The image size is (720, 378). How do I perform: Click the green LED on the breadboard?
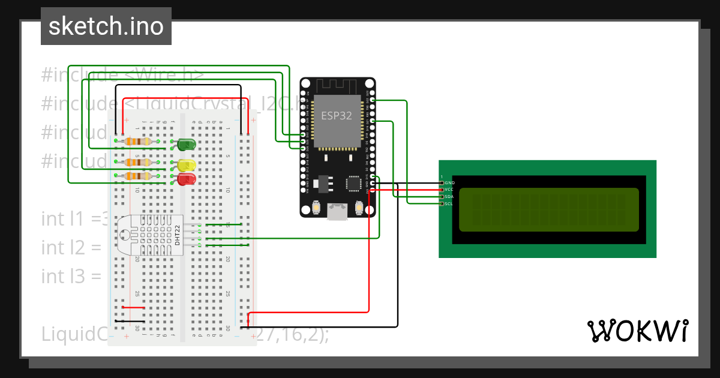(187, 144)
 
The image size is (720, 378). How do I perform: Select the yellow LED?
(187, 164)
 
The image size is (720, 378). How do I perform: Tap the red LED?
(187, 179)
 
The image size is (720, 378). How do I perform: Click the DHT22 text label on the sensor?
(177, 235)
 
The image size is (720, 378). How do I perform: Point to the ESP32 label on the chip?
(337, 116)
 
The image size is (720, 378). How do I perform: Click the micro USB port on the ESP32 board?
(337, 211)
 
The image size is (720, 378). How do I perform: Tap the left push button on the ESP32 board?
(316, 207)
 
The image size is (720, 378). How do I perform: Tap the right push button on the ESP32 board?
(359, 207)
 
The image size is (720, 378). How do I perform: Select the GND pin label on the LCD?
(449, 182)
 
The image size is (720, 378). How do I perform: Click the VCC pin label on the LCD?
(449, 190)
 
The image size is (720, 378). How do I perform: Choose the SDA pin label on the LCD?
(449, 197)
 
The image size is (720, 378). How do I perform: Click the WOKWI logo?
(637, 331)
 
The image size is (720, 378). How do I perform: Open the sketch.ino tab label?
(106, 26)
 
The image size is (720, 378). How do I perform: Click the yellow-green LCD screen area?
(549, 209)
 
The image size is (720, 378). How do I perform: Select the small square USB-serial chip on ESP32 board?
(353, 184)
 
